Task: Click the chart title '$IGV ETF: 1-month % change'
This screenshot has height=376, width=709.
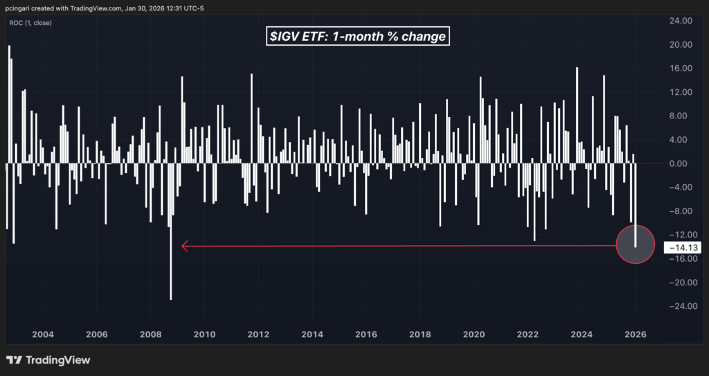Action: tap(358, 37)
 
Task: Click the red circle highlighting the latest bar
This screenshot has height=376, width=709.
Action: tap(635, 244)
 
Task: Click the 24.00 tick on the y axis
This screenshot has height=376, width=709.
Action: tap(679, 21)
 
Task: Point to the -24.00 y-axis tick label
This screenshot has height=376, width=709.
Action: tap(679, 306)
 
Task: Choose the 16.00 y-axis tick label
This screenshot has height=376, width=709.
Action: tap(679, 69)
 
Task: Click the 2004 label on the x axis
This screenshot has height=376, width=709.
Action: tap(43, 334)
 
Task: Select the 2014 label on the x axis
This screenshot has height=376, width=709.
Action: tap(312, 334)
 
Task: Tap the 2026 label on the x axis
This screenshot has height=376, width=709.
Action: tap(636, 334)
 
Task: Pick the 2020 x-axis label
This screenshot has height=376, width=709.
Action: tap(474, 334)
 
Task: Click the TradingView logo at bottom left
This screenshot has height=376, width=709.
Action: tap(48, 360)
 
